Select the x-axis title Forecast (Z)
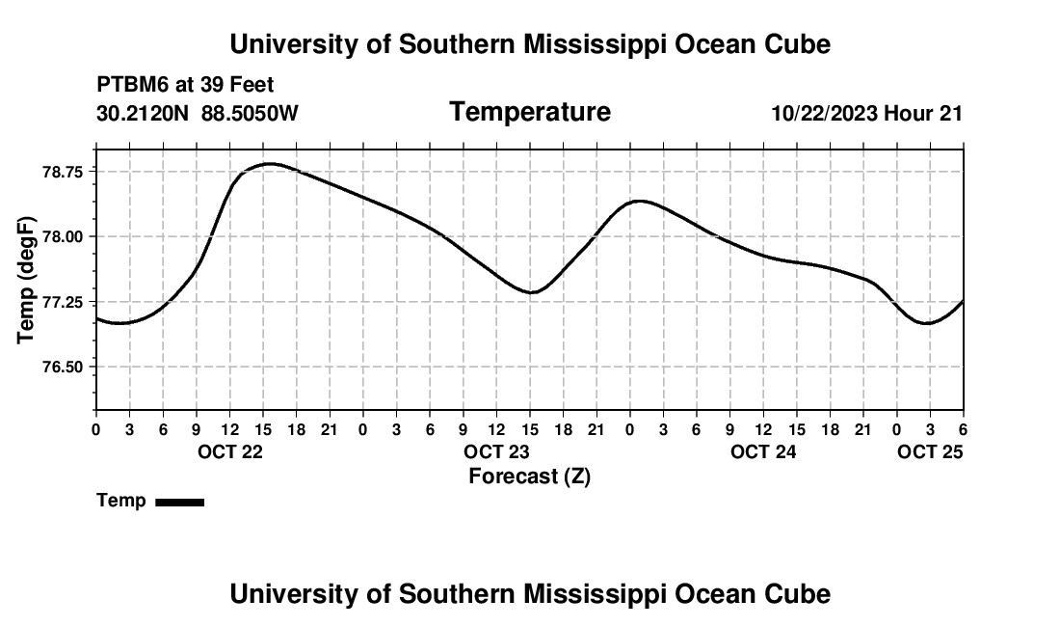pyautogui.click(x=529, y=476)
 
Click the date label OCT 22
pyautogui.click(x=229, y=452)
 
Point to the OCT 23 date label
pyautogui.click(x=496, y=452)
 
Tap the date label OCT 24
pyautogui.click(x=763, y=452)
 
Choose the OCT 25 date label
pyautogui.click(x=930, y=452)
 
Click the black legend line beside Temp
pyautogui.click(x=179, y=502)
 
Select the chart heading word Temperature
pyautogui.click(x=530, y=112)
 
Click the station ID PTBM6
pyautogui.click(x=129, y=86)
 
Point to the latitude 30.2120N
pyautogui.click(x=144, y=113)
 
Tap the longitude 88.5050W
pyautogui.click(x=250, y=113)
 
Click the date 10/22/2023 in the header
pyautogui.click(x=824, y=113)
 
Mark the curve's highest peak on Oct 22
pyautogui.click(x=270, y=164)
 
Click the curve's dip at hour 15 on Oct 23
pyautogui.click(x=531, y=292)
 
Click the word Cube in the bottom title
pyautogui.click(x=800, y=593)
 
